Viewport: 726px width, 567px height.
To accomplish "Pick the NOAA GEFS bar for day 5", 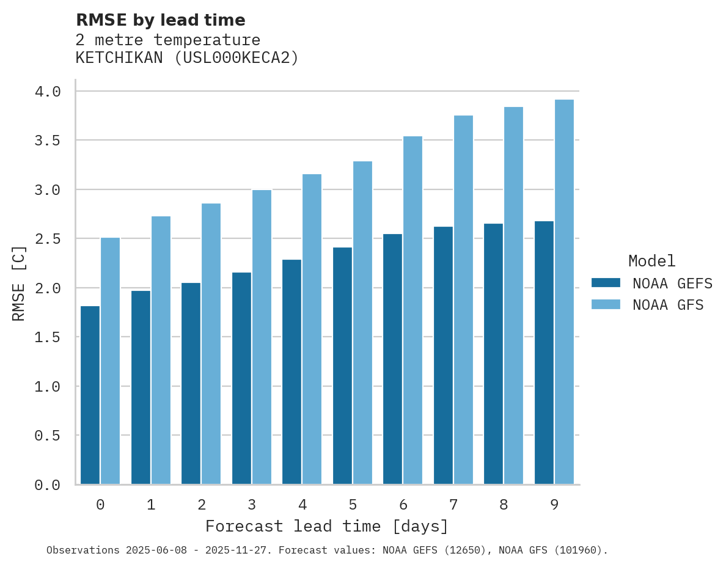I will click(342, 366).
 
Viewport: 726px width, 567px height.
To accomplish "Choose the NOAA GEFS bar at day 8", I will click(493, 354).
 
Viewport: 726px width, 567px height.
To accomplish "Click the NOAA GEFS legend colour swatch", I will click(606, 283).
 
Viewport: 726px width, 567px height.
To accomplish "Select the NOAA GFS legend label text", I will click(668, 305).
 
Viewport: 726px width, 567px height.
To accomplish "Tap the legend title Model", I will click(651, 261).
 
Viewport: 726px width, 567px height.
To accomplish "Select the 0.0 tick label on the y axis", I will click(48, 485).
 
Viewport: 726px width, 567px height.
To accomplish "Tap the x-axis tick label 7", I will click(453, 505).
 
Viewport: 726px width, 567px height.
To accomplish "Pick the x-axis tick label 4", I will click(302, 505).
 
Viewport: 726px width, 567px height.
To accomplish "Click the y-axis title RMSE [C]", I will click(19, 283).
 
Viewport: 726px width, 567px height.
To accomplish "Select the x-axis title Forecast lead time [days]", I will click(327, 526).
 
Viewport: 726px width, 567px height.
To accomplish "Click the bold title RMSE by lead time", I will click(160, 20).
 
